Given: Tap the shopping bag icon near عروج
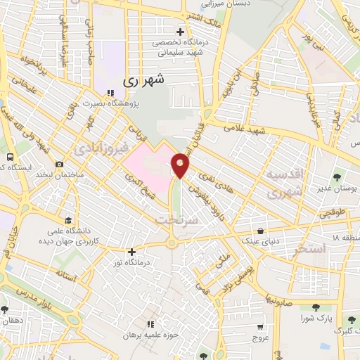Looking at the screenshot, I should pos(261,327).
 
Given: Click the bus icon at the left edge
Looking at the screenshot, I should pos(10,157).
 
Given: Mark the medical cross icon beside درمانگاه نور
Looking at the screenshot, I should pos(131,251).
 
